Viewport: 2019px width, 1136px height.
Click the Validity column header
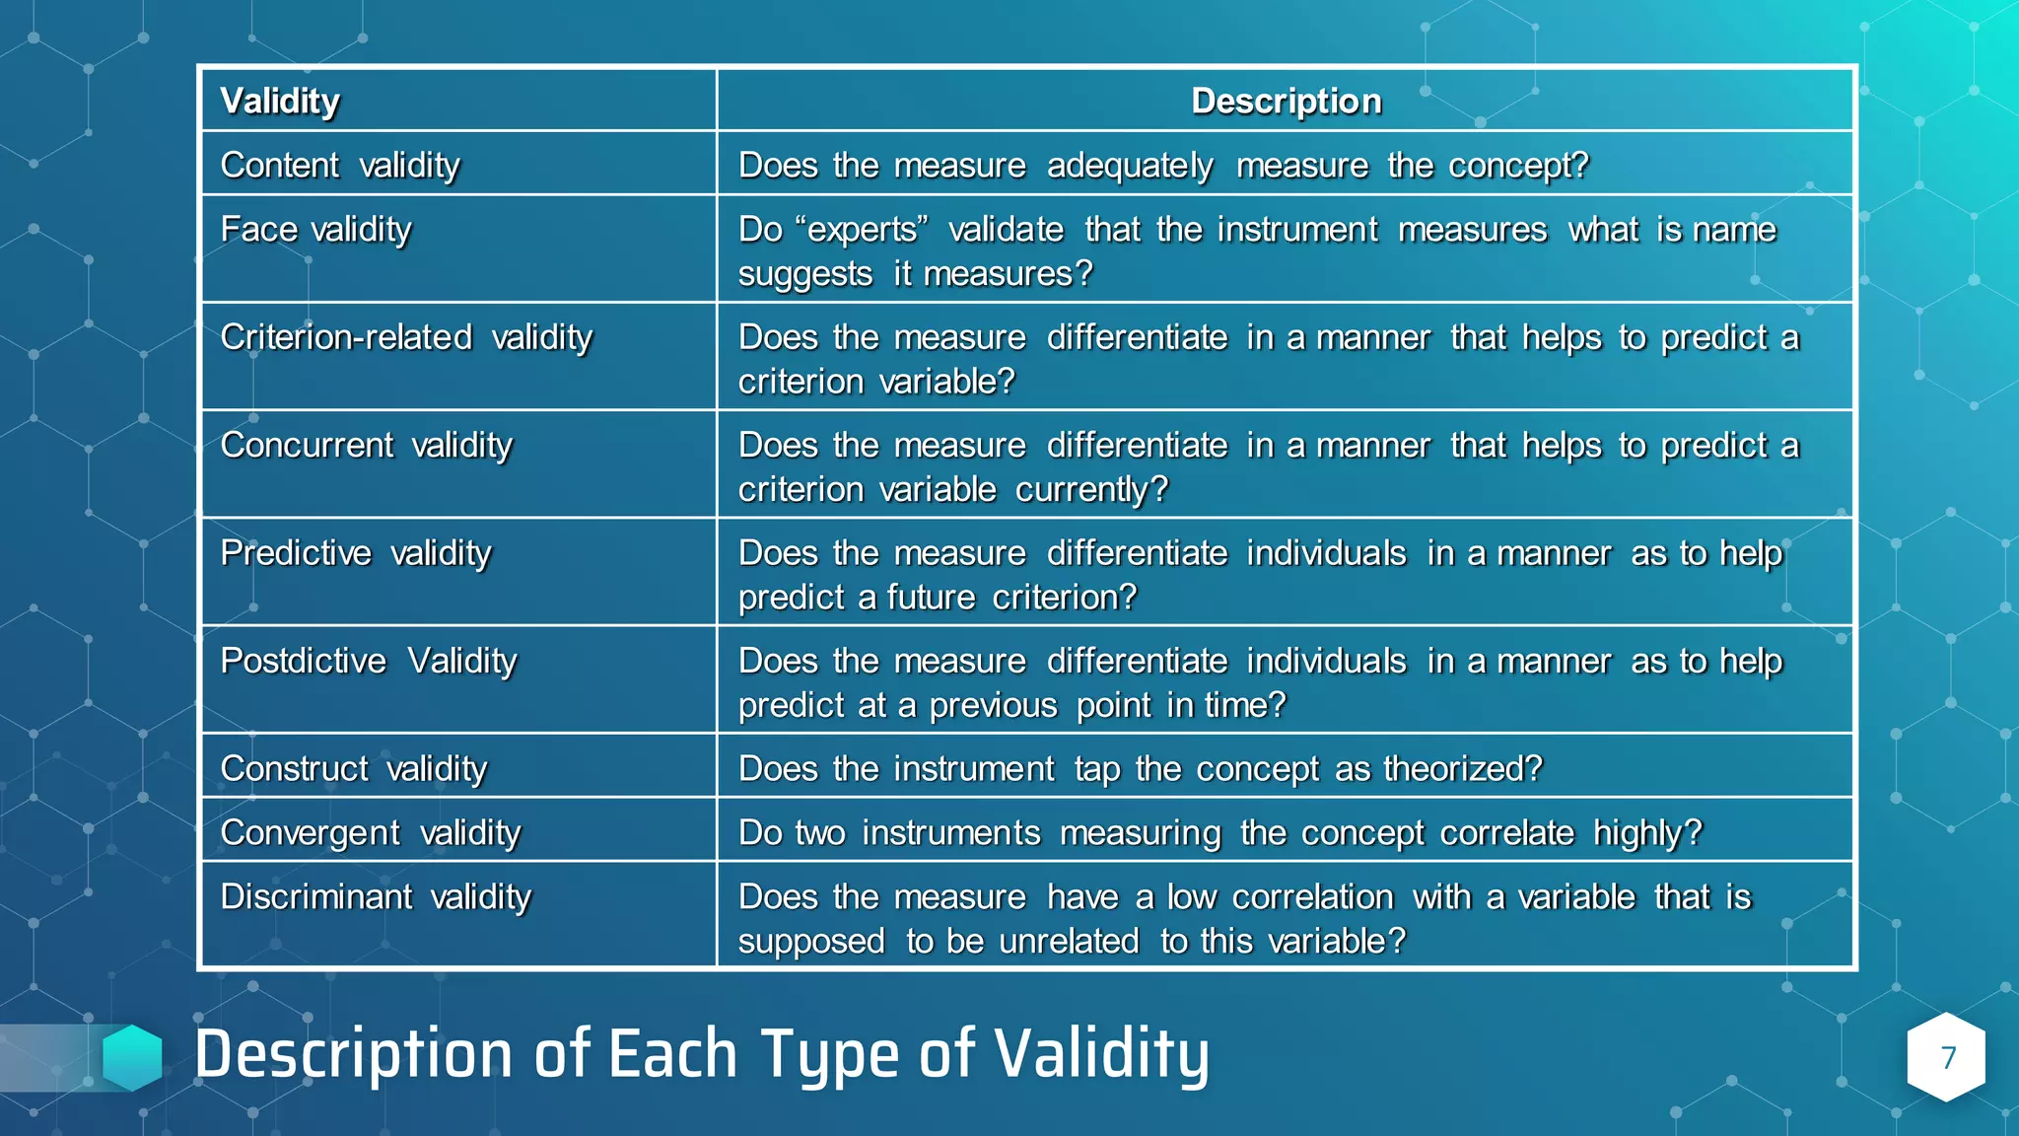[x=280, y=101]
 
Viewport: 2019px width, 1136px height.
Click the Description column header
[x=1286, y=101]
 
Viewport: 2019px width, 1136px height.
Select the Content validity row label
[x=340, y=165]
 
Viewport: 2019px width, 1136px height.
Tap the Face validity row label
[x=315, y=230]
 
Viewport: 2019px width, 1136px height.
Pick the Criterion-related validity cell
[x=406, y=337]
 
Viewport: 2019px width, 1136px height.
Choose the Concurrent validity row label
[x=366, y=446]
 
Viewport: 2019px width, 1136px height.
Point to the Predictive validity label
[x=355, y=553]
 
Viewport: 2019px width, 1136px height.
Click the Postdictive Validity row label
[x=368, y=661]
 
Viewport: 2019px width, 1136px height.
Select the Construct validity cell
[x=353, y=768]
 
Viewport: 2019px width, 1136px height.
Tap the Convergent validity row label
[x=370, y=833]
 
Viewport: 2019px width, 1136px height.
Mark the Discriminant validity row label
[x=376, y=897]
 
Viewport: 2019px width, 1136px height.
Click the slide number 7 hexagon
[x=1947, y=1057]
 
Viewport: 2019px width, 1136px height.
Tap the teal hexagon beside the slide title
[x=132, y=1057]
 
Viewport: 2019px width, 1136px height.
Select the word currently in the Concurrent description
[x=1091, y=490]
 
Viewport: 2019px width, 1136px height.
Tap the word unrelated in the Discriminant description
[x=1069, y=942]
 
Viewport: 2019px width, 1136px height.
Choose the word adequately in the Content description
[x=1130, y=166]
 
